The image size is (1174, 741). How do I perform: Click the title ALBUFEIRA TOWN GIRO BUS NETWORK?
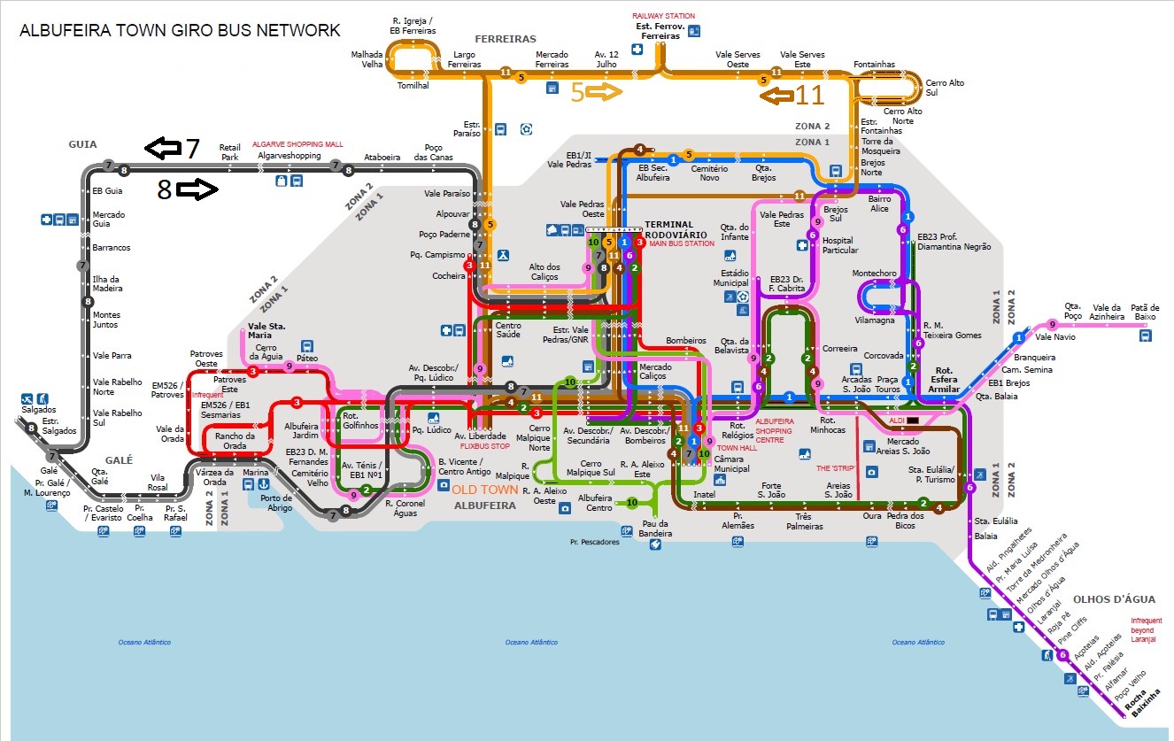tap(180, 31)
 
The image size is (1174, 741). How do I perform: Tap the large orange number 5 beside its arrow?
tap(577, 92)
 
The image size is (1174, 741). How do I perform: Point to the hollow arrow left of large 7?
tap(162, 149)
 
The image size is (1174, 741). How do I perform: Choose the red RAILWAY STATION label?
tap(663, 16)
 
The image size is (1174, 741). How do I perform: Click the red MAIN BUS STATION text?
tap(681, 243)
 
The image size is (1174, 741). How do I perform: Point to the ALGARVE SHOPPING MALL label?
tap(297, 143)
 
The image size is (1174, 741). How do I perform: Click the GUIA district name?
tap(82, 143)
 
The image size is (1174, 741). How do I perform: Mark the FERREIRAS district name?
tap(506, 39)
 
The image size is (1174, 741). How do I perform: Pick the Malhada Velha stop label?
tap(367, 58)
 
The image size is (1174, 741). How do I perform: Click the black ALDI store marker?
tap(913, 420)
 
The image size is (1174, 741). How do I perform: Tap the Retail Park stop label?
tap(230, 152)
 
